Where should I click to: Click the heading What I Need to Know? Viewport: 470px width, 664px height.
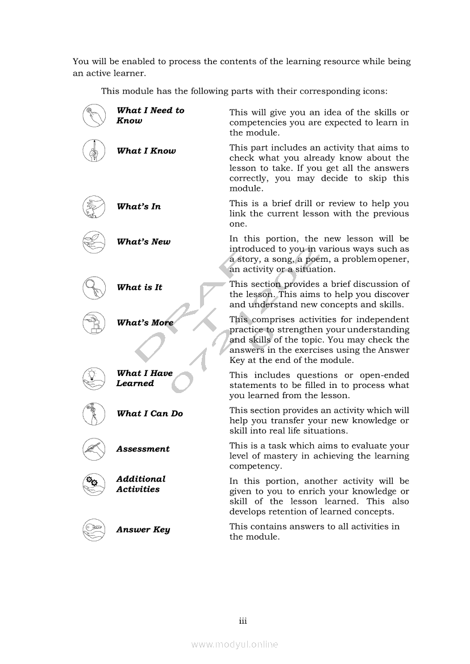(150, 115)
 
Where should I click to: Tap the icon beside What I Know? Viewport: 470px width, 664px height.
(94, 151)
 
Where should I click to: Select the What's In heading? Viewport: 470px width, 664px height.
(139, 207)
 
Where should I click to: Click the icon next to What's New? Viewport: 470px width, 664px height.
(94, 242)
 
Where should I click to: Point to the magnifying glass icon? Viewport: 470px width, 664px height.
(94, 287)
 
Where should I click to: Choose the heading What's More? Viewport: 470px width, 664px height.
(145, 323)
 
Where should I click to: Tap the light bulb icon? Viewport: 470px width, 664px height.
(94, 379)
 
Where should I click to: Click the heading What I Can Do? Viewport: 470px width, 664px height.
(149, 414)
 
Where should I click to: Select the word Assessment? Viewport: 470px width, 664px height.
(143, 449)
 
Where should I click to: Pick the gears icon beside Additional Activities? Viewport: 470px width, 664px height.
(94, 484)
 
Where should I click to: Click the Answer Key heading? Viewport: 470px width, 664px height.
(143, 529)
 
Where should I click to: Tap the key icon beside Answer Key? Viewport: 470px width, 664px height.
(94, 529)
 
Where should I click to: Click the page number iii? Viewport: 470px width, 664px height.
(243, 621)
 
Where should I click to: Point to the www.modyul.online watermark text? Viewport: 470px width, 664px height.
(235, 644)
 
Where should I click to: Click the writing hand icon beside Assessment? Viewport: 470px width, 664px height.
(94, 449)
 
